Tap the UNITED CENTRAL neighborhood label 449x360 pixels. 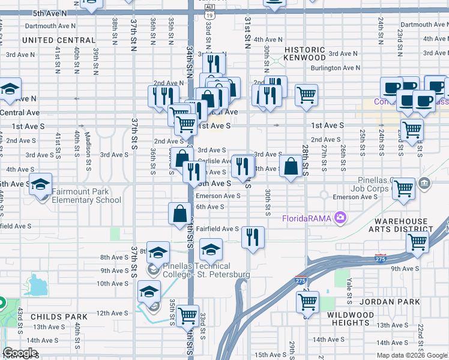(59, 40)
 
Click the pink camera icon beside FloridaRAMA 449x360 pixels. (341, 217)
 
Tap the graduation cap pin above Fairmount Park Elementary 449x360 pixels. (40, 184)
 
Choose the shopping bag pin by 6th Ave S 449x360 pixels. (180, 214)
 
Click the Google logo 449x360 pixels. (20, 353)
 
